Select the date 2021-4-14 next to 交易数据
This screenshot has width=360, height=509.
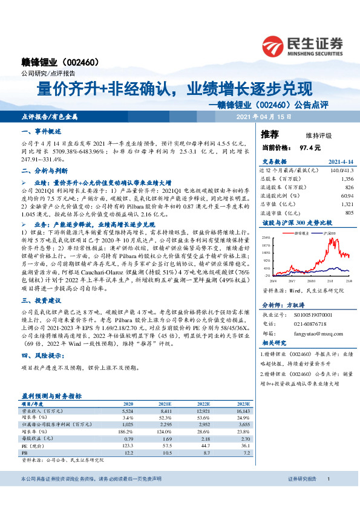[x=341, y=161]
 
